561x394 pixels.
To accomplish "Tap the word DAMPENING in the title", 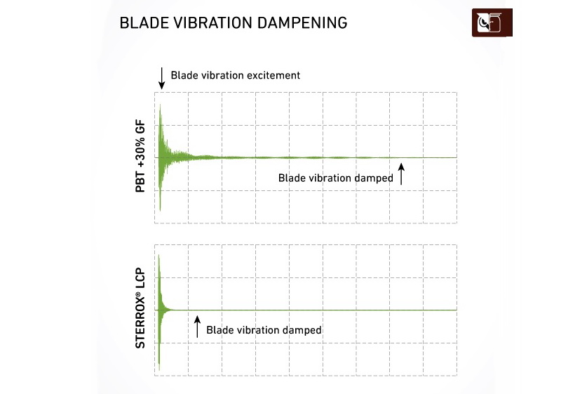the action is pos(302,23).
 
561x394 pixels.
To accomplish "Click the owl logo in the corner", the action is pos(492,22).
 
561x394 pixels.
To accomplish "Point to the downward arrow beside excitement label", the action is pos(162,78).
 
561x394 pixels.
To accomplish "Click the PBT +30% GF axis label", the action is pos(140,156).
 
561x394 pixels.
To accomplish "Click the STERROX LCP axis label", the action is pos(140,308).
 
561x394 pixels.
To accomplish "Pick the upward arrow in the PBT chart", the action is pos(401,174).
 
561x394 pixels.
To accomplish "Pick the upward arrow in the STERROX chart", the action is pos(197,327).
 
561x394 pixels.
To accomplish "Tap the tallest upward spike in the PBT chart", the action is pos(160,105).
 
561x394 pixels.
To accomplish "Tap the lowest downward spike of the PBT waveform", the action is pos(160,209).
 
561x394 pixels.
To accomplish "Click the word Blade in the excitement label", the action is pos(182,75).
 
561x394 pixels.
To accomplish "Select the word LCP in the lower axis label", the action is pos(140,278).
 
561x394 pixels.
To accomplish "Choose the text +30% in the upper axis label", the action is pos(140,152).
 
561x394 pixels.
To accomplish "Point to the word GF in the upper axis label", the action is pos(140,127).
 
